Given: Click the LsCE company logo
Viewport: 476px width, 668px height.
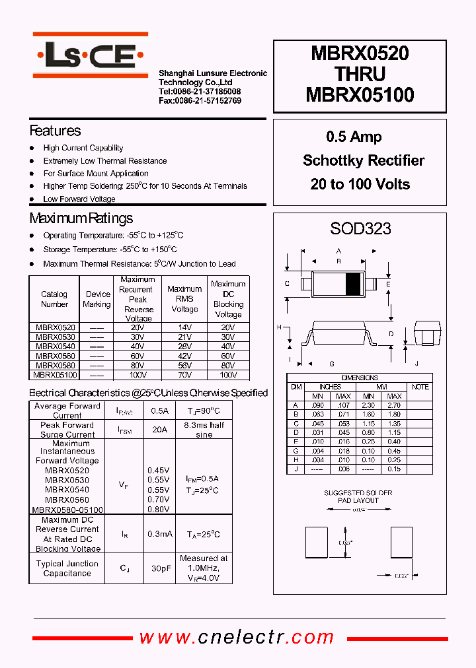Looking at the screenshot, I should (x=90, y=55).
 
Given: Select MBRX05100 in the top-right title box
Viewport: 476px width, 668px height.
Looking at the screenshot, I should (x=360, y=95).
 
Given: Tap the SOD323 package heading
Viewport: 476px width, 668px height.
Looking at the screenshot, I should (x=360, y=229).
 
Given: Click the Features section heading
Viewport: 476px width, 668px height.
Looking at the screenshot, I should (x=56, y=131).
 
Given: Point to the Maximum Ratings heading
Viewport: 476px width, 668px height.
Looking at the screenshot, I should (x=81, y=218).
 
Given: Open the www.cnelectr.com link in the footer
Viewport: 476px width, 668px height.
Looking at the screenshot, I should (x=237, y=637).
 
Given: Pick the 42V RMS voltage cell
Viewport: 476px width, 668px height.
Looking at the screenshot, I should (x=184, y=356).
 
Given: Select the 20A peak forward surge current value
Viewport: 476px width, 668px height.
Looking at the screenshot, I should (x=159, y=430).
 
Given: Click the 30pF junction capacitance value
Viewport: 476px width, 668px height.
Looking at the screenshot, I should (x=159, y=568).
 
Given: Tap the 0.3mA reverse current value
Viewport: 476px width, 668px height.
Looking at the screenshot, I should (x=159, y=534).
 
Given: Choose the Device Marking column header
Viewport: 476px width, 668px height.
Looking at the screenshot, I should (x=97, y=299).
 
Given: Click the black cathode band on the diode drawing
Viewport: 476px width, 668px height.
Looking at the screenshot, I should (x=354, y=283).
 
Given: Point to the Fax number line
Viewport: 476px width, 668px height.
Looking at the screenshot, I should (x=200, y=100).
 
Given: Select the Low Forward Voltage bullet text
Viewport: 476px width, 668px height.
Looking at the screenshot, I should (x=79, y=199).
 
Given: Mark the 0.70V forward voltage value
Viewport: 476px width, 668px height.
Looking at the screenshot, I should (x=159, y=500).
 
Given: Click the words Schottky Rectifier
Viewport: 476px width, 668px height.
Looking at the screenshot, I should (x=363, y=160).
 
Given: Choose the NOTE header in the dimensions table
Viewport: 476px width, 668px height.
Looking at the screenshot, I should (x=420, y=387).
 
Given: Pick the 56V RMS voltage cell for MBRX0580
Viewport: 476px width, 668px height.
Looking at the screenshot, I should (x=184, y=365).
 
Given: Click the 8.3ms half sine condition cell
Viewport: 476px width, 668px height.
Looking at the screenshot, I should (x=204, y=430).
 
